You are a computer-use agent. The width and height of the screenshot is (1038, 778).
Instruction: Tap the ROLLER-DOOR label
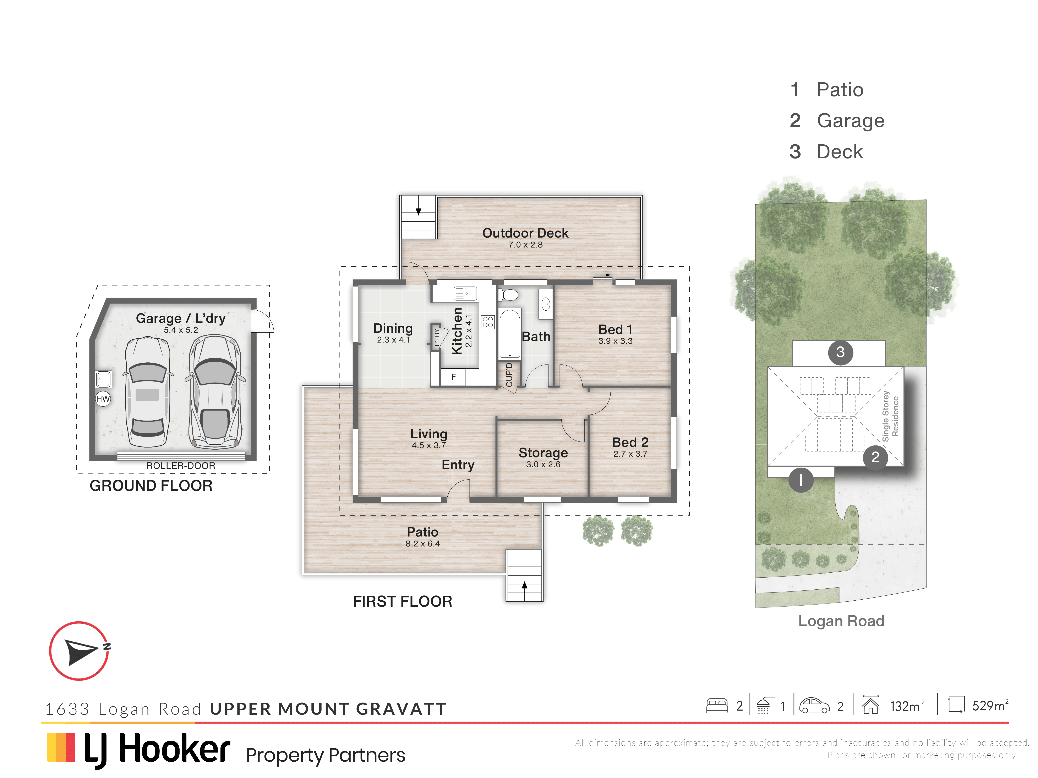(x=181, y=466)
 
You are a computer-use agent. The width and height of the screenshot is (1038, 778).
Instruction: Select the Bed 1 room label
(x=615, y=330)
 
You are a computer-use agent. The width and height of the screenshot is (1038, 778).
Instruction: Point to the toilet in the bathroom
(x=508, y=295)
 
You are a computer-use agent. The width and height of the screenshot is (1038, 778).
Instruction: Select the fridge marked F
(x=453, y=377)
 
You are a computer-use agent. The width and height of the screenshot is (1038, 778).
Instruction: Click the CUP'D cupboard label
(x=509, y=375)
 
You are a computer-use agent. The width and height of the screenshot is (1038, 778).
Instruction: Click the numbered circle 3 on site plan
(x=840, y=352)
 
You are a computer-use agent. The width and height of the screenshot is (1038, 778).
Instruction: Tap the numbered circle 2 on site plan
(x=875, y=457)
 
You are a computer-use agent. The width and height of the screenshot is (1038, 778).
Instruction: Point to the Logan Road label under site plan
(x=841, y=621)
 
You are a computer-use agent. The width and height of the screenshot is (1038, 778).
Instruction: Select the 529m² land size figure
(x=990, y=705)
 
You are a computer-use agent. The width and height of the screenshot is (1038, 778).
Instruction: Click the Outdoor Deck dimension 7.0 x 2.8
(x=525, y=245)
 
